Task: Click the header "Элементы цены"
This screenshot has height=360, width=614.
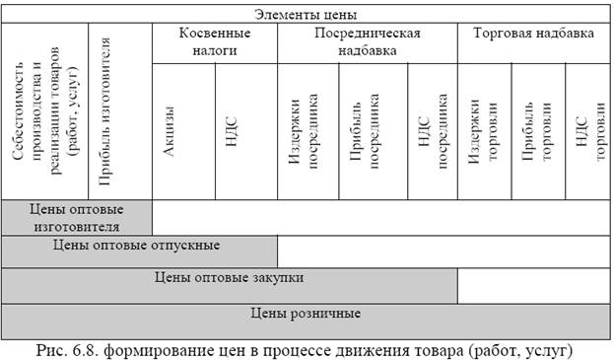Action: (x=305, y=15)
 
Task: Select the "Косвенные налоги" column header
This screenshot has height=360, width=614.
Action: (x=214, y=40)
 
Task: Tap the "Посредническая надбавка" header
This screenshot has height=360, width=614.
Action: (x=367, y=40)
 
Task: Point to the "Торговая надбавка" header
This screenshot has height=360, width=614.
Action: (x=533, y=33)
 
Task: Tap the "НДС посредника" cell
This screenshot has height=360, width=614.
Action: (x=434, y=130)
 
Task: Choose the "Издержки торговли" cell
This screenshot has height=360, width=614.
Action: (x=484, y=130)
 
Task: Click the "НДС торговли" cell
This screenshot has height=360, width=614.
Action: (x=588, y=130)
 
